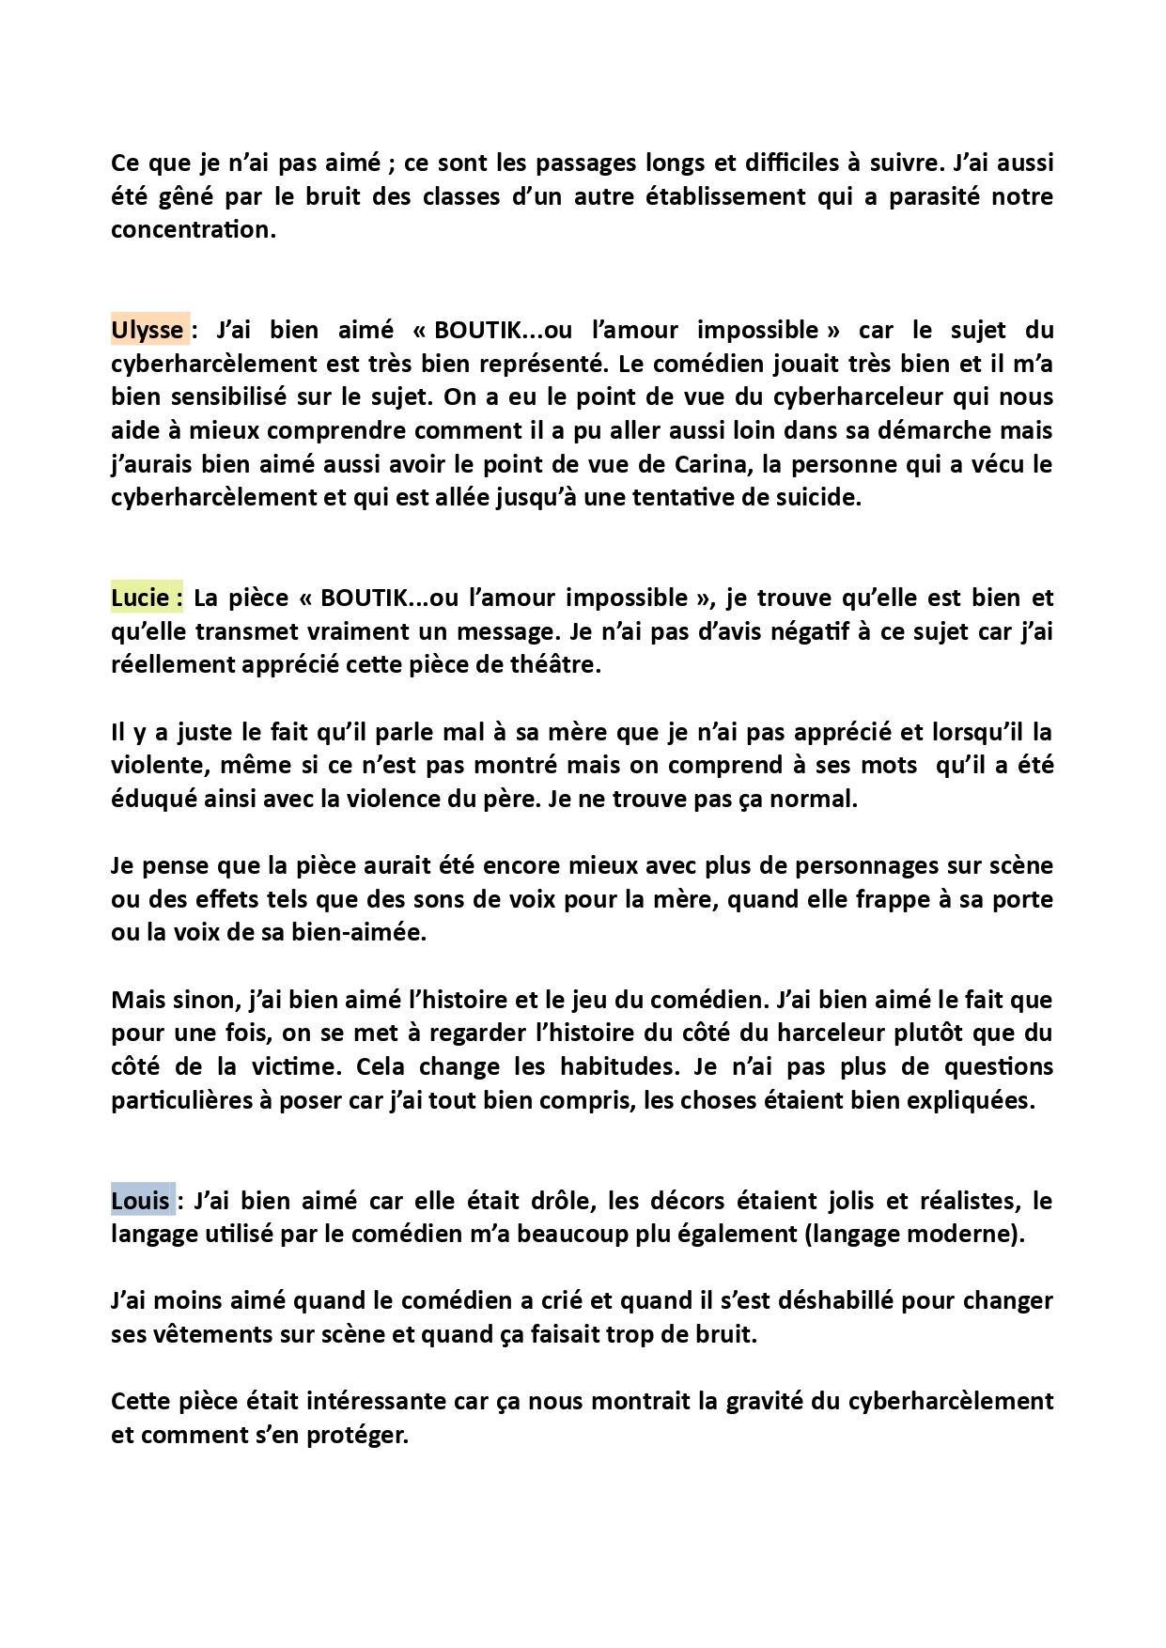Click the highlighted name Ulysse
click(148, 331)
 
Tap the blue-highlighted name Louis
click(141, 1201)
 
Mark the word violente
click(156, 766)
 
